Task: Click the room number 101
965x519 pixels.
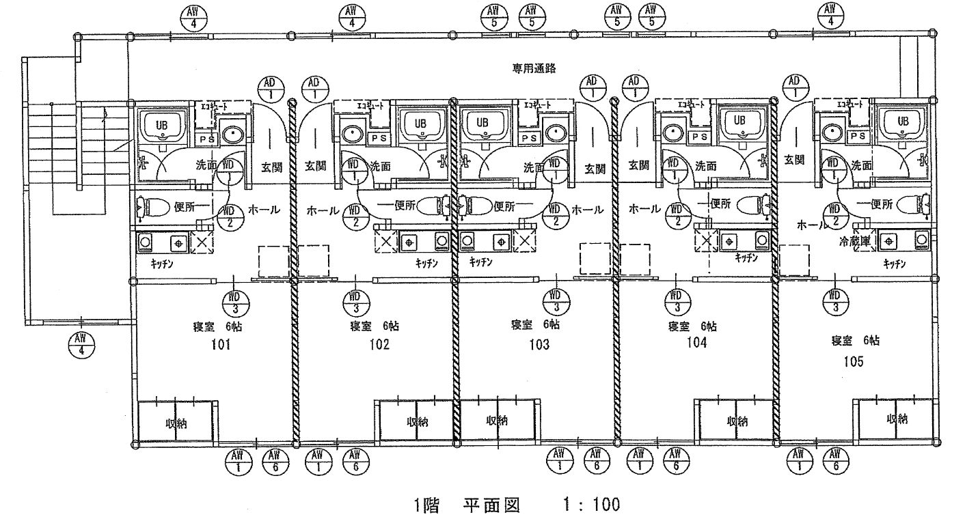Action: pyautogui.click(x=219, y=345)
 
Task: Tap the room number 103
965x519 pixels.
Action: pyautogui.click(x=539, y=345)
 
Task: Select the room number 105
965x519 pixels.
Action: pyautogui.click(x=854, y=361)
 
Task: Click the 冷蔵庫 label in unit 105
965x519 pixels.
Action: pyautogui.click(x=854, y=241)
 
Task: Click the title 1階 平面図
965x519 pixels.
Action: pyautogui.click(x=466, y=505)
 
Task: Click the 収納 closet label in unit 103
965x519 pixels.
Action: pyautogui.click(x=497, y=420)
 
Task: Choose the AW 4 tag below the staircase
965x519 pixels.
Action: pyautogui.click(x=81, y=343)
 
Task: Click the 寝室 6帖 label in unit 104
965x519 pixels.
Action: pyautogui.click(x=692, y=326)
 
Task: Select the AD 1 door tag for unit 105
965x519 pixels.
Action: pyautogui.click(x=793, y=87)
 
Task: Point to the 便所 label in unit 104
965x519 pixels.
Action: pyautogui.click(x=720, y=203)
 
